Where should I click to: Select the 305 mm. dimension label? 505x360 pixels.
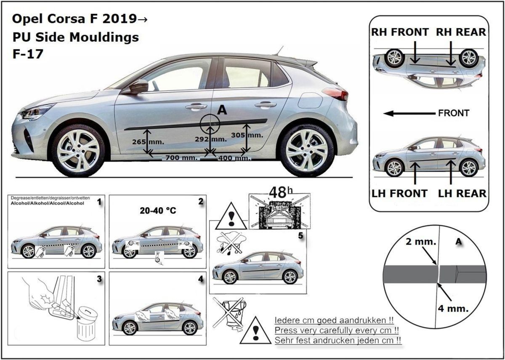click(x=247, y=135)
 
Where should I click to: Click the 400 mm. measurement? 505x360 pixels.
click(x=234, y=158)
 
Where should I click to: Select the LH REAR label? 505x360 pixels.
click(x=462, y=193)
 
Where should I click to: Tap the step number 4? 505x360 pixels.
click(x=200, y=279)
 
